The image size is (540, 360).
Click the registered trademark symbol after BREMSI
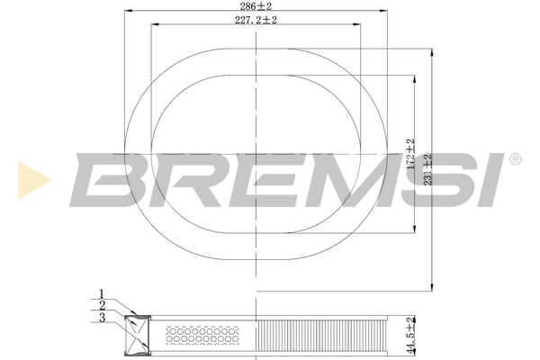[515, 159]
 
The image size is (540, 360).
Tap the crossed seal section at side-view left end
[137, 337]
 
